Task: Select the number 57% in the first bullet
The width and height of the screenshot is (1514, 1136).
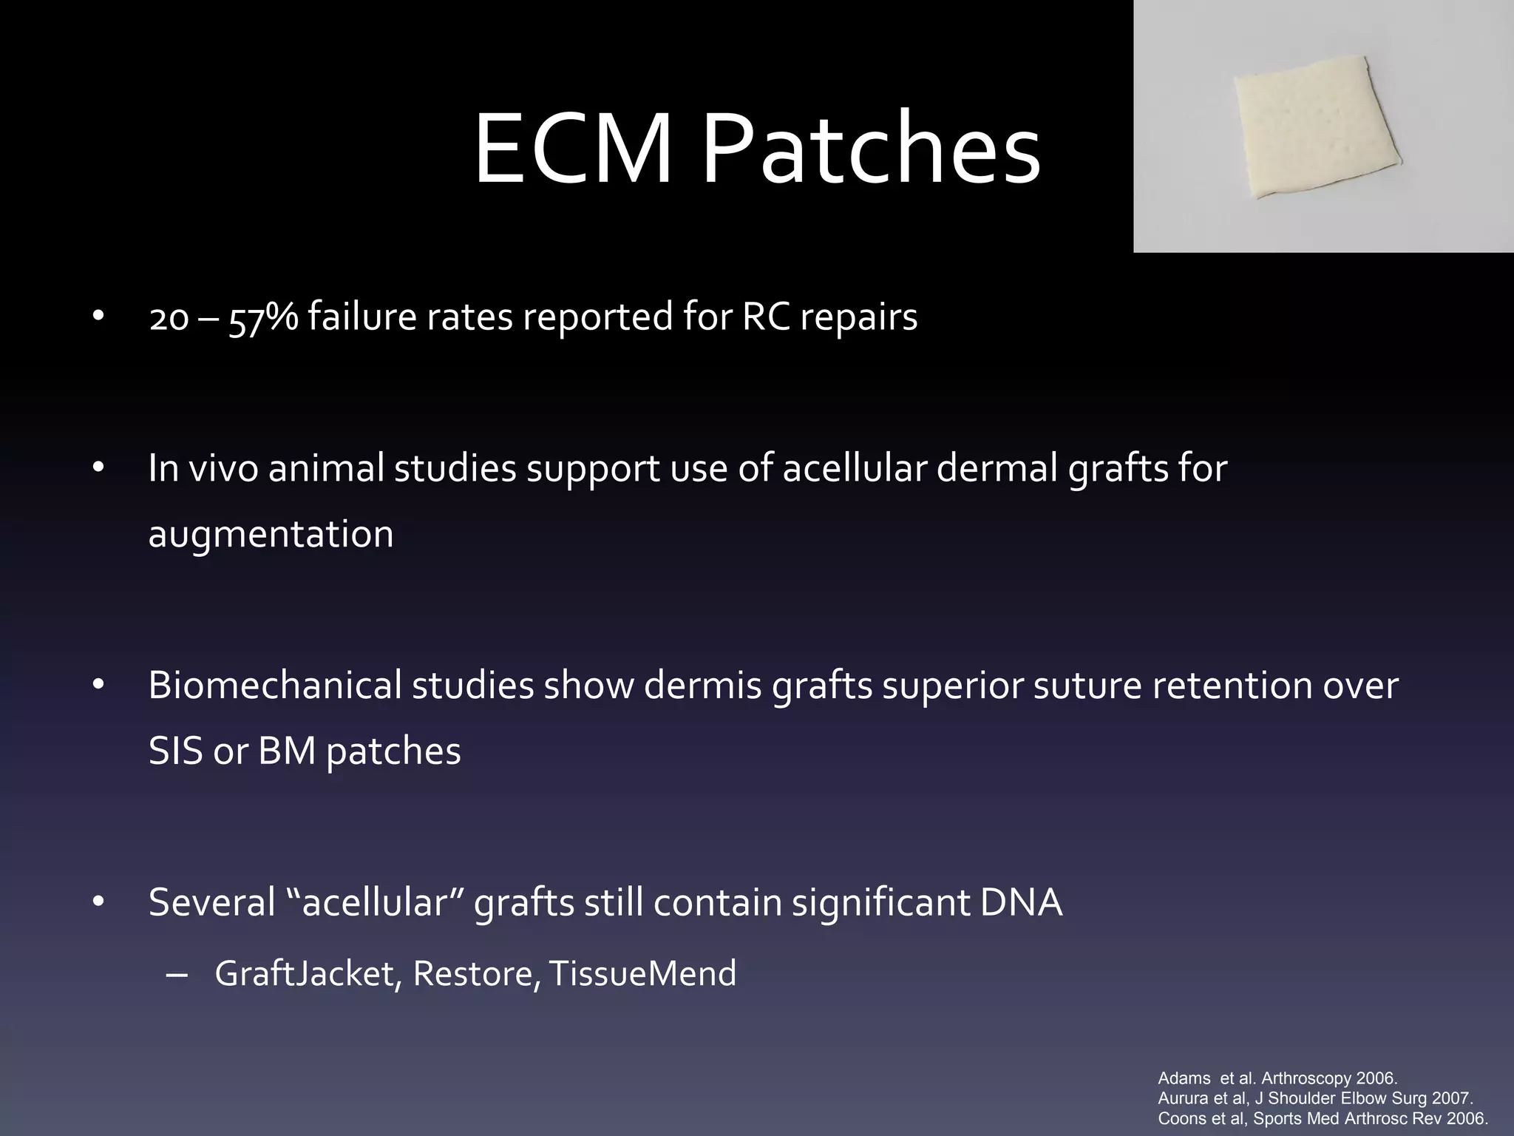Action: [263, 318]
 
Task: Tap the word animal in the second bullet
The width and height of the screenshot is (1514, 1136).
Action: [325, 468]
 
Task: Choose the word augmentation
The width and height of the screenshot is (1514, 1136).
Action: [271, 534]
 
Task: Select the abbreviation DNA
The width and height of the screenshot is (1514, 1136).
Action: [1021, 902]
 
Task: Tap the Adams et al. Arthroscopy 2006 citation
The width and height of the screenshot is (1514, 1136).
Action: [1277, 1078]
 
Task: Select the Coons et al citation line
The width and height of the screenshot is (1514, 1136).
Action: [1323, 1118]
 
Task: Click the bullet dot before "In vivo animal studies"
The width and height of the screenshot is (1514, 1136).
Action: [99, 468]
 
